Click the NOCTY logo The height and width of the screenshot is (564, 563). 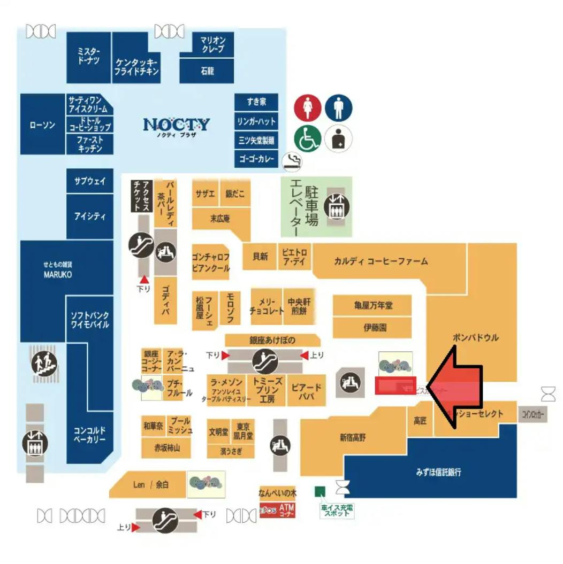(x=176, y=126)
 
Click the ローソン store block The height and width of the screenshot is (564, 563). (x=42, y=125)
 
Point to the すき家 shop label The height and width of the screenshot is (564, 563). (x=256, y=102)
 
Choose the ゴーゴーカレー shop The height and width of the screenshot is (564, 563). (x=256, y=159)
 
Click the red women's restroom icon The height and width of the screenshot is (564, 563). (x=308, y=107)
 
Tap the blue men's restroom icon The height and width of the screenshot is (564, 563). (x=338, y=107)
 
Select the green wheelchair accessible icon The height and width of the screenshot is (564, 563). (x=308, y=139)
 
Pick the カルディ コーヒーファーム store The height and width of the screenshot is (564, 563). (x=381, y=261)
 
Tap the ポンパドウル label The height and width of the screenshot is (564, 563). (x=475, y=337)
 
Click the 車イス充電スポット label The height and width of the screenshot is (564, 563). (x=336, y=511)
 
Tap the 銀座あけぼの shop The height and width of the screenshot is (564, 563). (x=272, y=340)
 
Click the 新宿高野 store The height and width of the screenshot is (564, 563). (x=353, y=438)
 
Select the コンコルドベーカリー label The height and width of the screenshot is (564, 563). (x=89, y=435)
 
